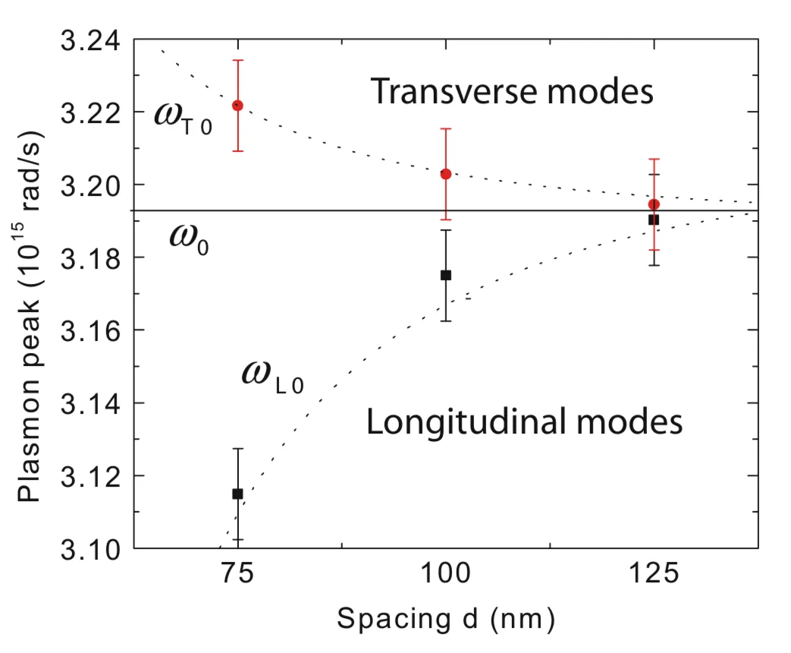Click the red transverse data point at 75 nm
(237, 106)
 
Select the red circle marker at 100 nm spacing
(446, 174)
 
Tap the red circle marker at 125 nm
(654, 204)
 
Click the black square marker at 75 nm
(237, 494)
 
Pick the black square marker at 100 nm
(446, 275)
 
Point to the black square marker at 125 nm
(654, 219)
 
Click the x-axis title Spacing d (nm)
(446, 620)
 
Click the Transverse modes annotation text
(512, 93)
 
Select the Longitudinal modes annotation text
(524, 422)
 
